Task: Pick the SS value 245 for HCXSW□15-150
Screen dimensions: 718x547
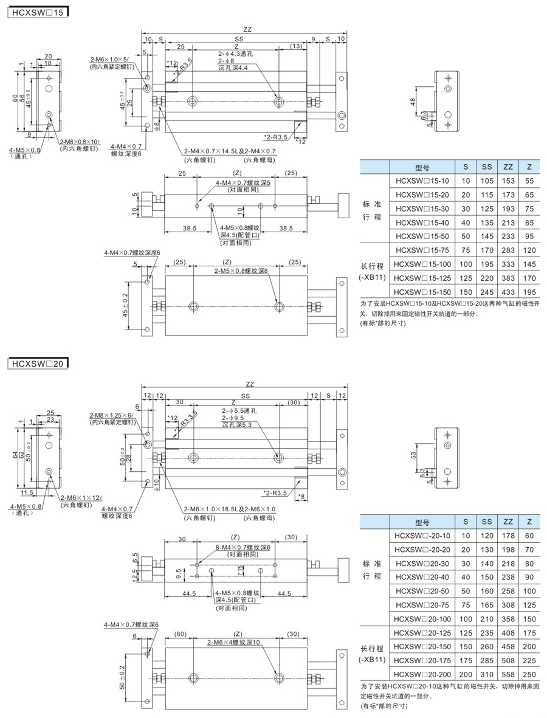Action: tap(487, 292)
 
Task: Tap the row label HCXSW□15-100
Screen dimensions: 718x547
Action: tap(422, 264)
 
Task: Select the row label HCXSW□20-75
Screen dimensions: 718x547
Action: tap(422, 605)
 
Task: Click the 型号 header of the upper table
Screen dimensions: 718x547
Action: tap(422, 167)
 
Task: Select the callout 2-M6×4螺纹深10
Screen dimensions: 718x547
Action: tap(233, 642)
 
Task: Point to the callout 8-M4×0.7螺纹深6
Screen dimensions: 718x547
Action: tap(243, 548)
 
